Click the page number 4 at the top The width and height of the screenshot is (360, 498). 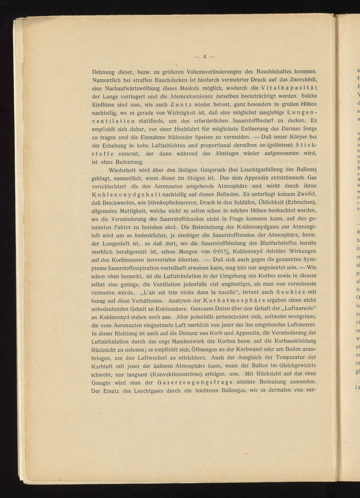[204, 57]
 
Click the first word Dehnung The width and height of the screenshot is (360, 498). [105, 71]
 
